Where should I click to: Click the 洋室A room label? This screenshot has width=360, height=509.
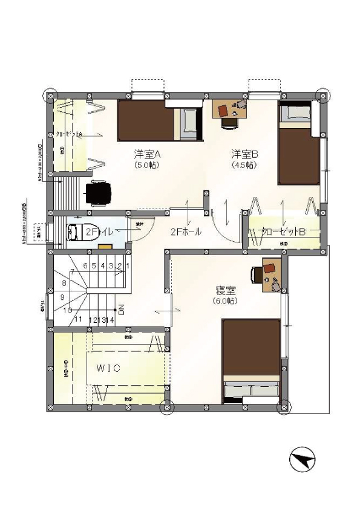pyautogui.click(x=146, y=154)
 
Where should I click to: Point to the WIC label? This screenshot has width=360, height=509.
pyautogui.click(x=108, y=367)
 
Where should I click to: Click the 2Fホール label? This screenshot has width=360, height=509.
pyautogui.click(x=185, y=232)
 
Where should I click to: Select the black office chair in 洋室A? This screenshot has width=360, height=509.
pyautogui.click(x=98, y=193)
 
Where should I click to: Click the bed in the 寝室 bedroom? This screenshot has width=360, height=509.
pyautogui.click(x=250, y=360)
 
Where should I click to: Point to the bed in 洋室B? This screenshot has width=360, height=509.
pyautogui.click(x=297, y=142)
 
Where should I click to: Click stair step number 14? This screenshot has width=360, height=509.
pyautogui.click(x=111, y=319)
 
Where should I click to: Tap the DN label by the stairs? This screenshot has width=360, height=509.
pyautogui.click(x=121, y=310)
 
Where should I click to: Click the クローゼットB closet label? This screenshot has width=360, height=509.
pyautogui.click(x=283, y=232)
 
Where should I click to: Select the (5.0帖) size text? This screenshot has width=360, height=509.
pyautogui.click(x=146, y=164)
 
